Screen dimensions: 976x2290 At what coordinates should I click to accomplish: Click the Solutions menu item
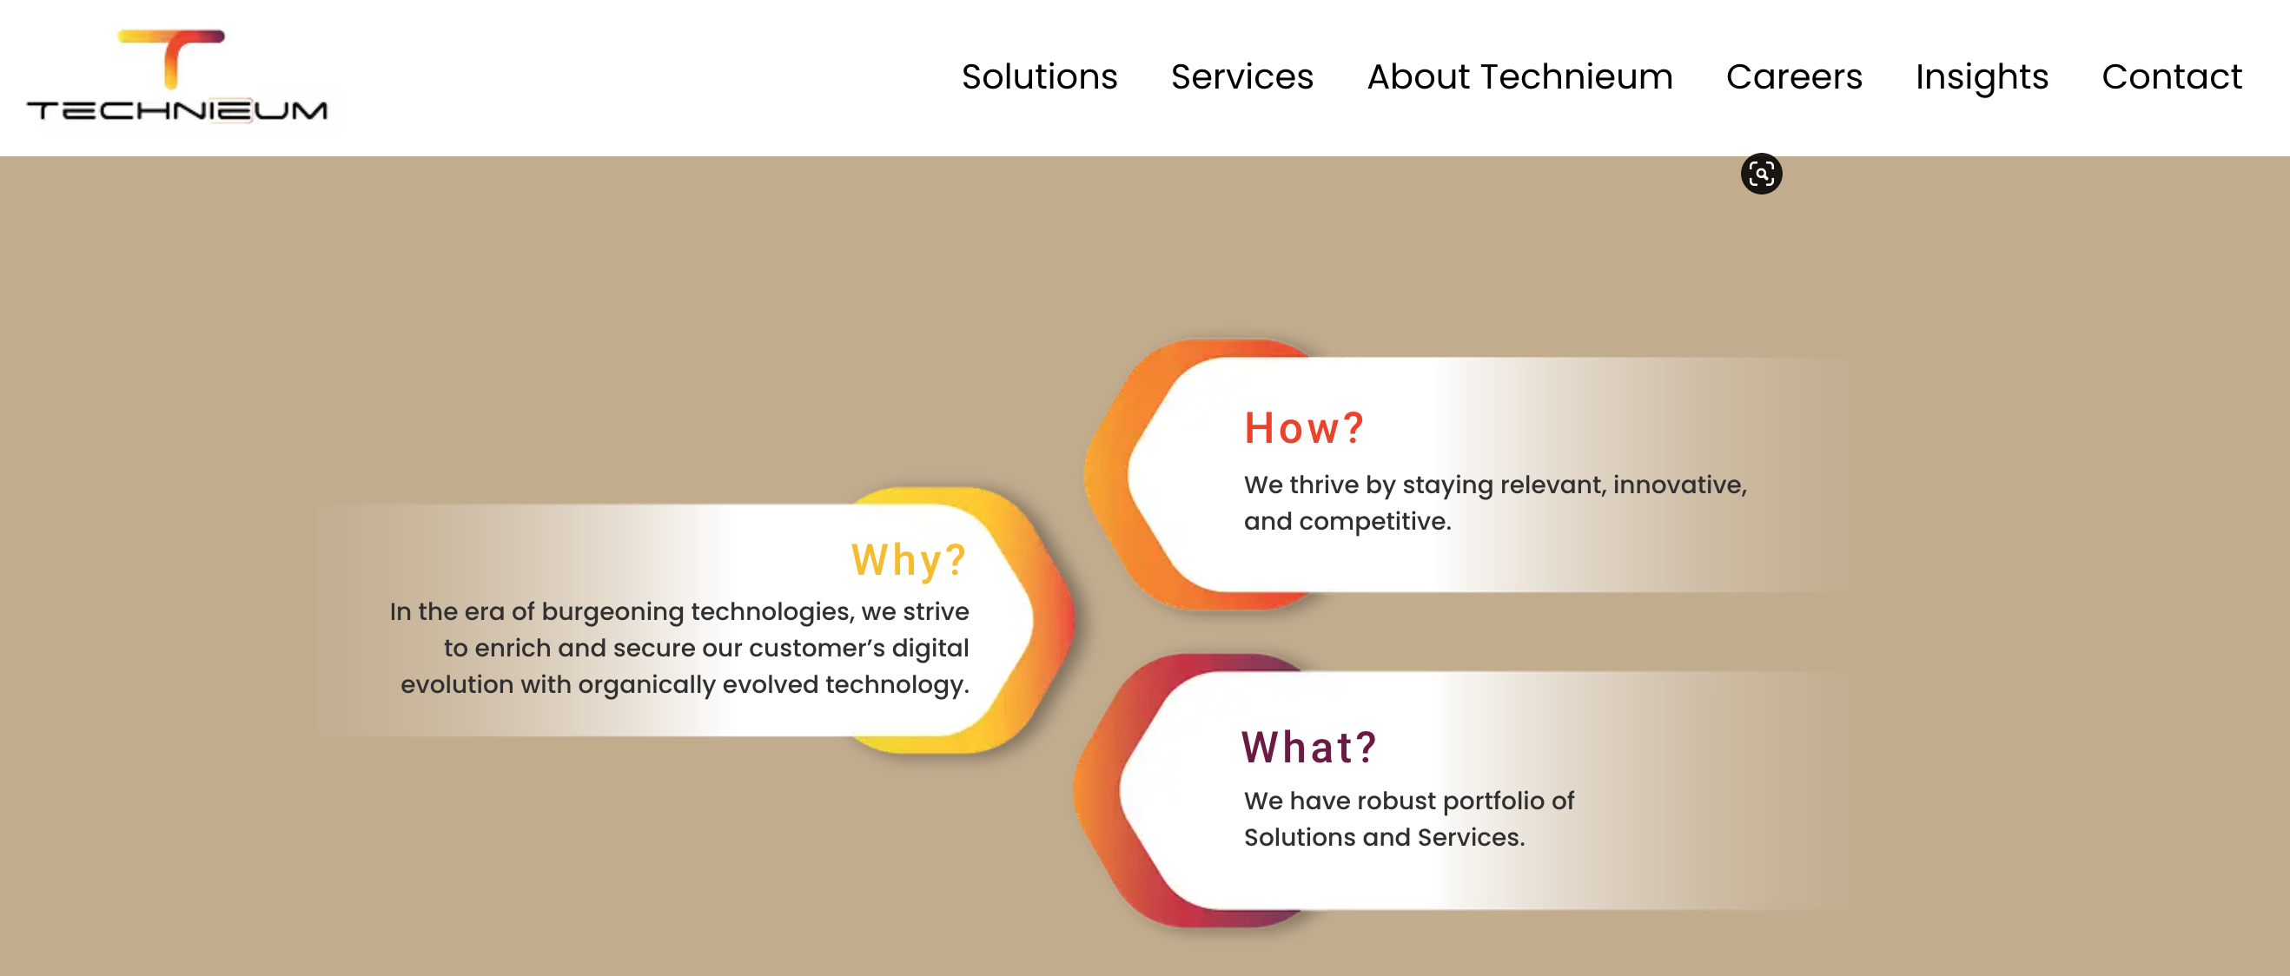tap(1038, 77)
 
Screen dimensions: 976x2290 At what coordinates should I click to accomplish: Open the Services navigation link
tap(1241, 77)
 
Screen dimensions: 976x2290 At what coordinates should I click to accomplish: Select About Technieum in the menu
tap(1519, 77)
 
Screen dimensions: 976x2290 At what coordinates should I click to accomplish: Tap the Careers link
tap(1793, 77)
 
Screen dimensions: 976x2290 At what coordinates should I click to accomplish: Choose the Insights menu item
tap(1981, 77)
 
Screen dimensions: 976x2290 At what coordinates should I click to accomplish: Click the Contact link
tap(2171, 77)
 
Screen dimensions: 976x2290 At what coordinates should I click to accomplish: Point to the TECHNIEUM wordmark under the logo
tap(177, 110)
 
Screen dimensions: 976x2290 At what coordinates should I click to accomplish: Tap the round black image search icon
tap(1760, 174)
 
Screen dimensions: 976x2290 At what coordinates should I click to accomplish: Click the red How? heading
tap(1302, 428)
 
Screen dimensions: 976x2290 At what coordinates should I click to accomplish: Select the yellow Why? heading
tap(908, 560)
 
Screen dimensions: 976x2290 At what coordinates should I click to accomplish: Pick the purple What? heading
tap(1307, 747)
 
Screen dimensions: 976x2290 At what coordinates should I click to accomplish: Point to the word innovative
tap(1678, 485)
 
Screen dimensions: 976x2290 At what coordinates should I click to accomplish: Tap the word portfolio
tap(1493, 801)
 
